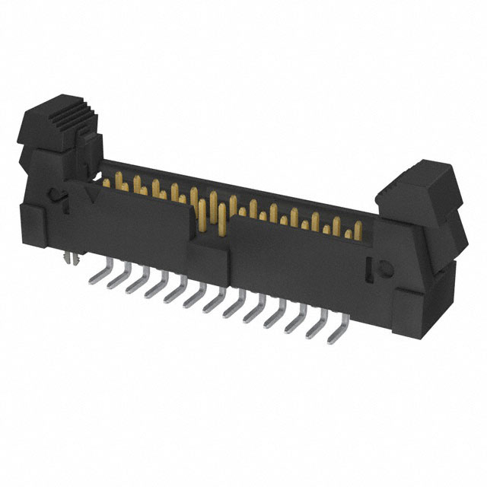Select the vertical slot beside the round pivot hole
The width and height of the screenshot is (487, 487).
coord(370,268)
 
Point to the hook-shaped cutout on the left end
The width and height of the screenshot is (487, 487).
coord(58,196)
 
